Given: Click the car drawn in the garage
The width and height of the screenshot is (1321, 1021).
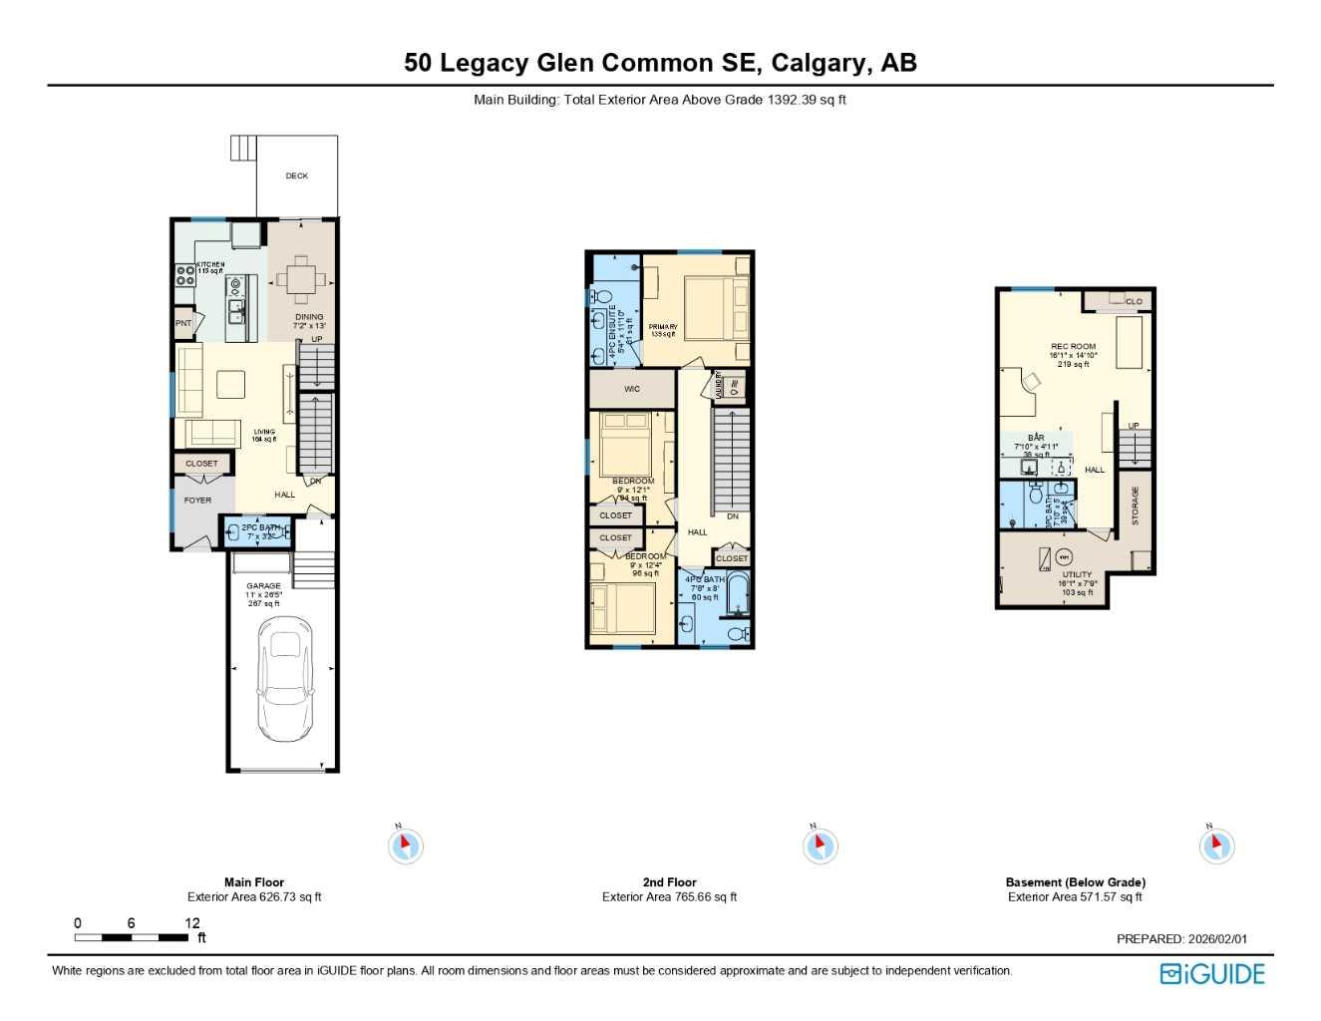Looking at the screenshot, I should pyautogui.click(x=285, y=679).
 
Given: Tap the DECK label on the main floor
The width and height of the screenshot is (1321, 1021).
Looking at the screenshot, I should pyautogui.click(x=297, y=176).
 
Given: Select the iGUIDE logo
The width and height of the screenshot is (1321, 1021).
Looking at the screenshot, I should pyautogui.click(x=1211, y=974).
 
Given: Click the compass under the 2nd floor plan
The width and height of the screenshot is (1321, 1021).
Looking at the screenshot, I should pyautogui.click(x=820, y=847).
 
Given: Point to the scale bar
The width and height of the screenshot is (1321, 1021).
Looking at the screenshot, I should pyautogui.click(x=131, y=937).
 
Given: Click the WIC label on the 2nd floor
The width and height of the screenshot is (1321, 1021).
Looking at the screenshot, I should pyautogui.click(x=632, y=389).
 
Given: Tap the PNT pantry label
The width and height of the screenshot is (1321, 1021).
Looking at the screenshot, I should pyautogui.click(x=183, y=323).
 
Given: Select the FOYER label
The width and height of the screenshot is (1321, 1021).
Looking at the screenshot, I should pyautogui.click(x=197, y=501).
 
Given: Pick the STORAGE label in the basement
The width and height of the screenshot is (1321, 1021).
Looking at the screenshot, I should pyautogui.click(x=1135, y=506).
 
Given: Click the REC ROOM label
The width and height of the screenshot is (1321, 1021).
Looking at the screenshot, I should pyautogui.click(x=1073, y=347).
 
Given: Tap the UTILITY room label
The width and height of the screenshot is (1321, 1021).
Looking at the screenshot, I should pyautogui.click(x=1077, y=574).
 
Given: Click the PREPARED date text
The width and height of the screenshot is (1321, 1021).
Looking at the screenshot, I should pyautogui.click(x=1181, y=939).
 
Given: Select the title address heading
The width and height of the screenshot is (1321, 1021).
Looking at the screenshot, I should pyautogui.click(x=660, y=63).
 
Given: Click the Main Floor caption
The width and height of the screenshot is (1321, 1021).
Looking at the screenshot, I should pyautogui.click(x=254, y=882).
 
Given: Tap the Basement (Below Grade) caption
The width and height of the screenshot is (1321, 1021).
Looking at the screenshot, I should pyautogui.click(x=1075, y=882).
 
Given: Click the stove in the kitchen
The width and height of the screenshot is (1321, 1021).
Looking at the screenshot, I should pyautogui.click(x=185, y=275).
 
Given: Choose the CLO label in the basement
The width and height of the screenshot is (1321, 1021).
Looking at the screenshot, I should pyautogui.click(x=1134, y=301).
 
